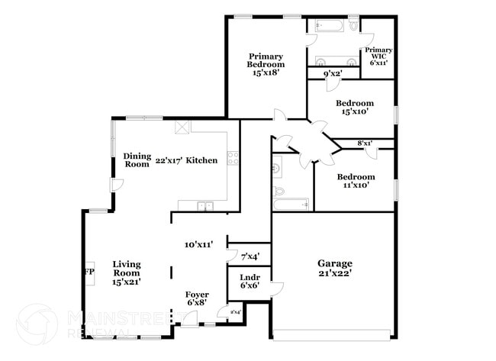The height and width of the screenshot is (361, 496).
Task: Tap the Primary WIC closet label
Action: (378, 56)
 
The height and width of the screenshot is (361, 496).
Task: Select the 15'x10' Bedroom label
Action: (355, 107)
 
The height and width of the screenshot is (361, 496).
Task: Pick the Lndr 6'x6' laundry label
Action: (250, 281)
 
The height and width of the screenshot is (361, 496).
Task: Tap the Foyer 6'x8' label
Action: (198, 298)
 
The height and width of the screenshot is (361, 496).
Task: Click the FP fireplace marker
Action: (89, 272)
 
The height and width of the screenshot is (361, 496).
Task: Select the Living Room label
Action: (127, 272)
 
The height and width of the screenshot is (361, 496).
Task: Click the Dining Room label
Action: (137, 160)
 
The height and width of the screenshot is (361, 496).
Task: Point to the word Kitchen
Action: (202, 160)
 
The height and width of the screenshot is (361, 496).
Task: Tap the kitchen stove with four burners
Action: (232, 160)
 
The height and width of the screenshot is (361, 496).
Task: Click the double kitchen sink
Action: (205, 205)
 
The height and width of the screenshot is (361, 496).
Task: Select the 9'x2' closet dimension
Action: (332, 73)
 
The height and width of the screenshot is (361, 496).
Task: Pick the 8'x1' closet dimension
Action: (365, 143)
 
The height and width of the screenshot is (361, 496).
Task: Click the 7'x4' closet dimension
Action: (250, 256)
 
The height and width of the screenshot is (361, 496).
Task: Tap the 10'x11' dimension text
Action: (198, 245)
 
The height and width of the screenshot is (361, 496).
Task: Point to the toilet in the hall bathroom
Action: (279, 191)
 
